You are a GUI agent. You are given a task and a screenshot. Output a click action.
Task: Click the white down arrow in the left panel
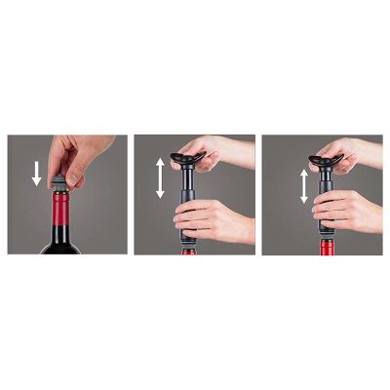[37, 174]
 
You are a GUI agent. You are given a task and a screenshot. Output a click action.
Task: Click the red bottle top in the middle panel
[188, 251]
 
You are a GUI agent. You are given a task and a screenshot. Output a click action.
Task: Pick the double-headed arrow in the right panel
[304, 185]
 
